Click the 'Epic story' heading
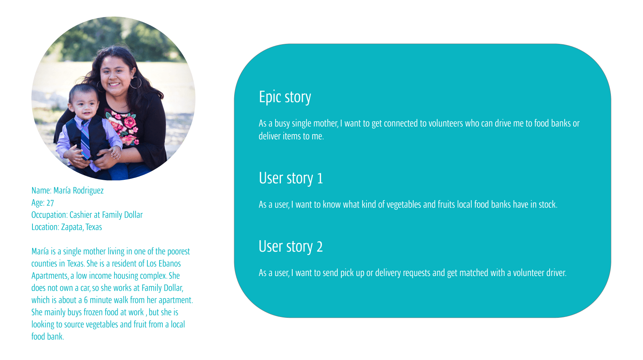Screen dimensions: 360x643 pos(285,97)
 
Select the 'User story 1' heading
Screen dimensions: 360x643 pos(291,179)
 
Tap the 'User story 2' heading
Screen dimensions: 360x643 pos(291,247)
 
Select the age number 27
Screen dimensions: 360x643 pos(50,203)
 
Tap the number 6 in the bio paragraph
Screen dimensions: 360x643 pos(86,300)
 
